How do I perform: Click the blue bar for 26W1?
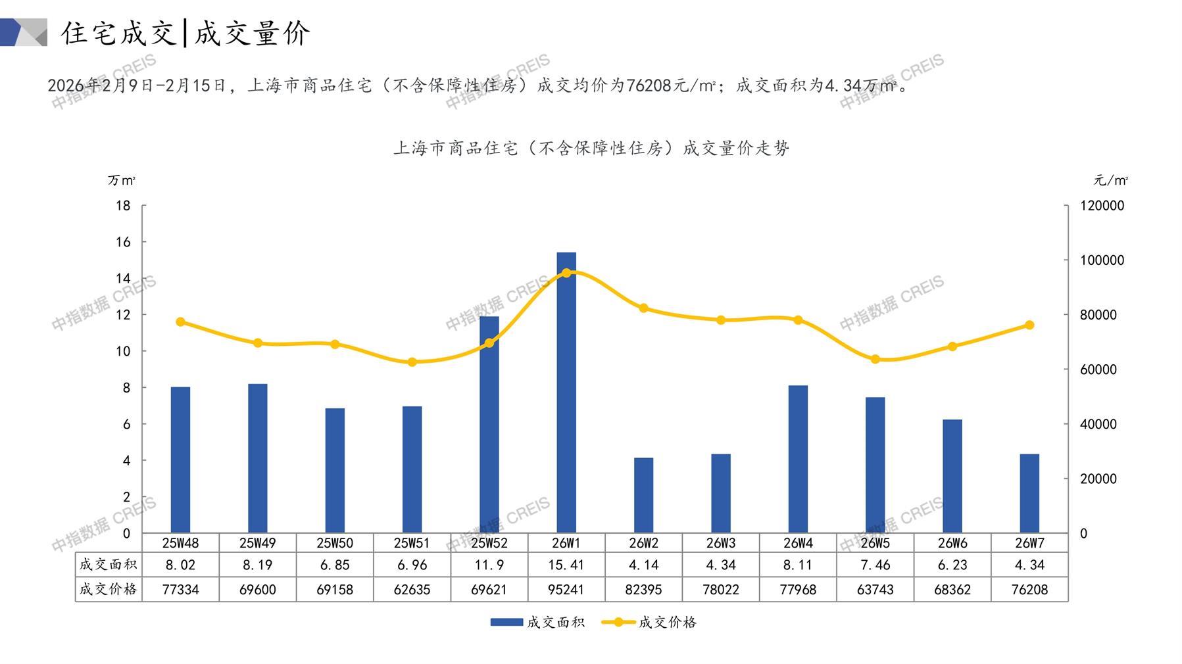pos(566,392)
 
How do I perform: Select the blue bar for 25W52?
pos(489,425)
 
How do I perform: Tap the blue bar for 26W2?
pos(643,495)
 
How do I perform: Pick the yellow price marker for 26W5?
pos(875,360)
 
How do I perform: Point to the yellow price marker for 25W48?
pos(181,322)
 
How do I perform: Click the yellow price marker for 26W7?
pos(1029,325)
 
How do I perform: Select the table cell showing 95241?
pos(566,590)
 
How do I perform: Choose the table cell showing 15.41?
pos(566,565)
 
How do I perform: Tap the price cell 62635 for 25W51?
pos(412,590)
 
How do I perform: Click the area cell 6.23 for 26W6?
pos(952,565)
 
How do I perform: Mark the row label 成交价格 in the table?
pos(109,589)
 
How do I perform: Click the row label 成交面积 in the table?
pos(109,564)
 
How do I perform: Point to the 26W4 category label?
pos(798,543)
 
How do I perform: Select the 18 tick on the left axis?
pos(123,206)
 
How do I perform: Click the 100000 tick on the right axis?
pos(1102,260)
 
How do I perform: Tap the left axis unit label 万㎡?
pos(122,180)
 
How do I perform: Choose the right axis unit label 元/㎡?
pos(1111,180)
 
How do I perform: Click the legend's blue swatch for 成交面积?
pos(506,622)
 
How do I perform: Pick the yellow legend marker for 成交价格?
pos(618,622)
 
